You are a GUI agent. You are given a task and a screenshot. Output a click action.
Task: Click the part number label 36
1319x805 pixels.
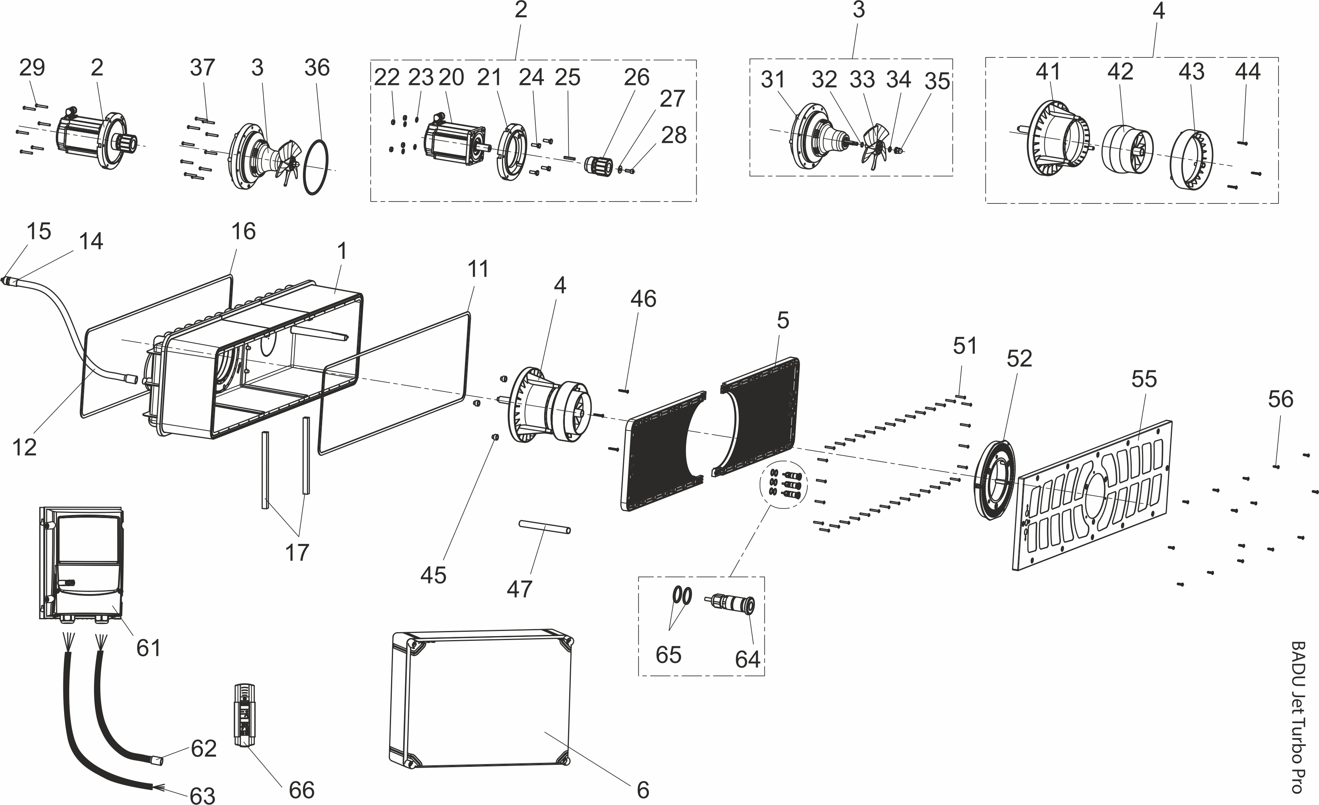click(x=317, y=68)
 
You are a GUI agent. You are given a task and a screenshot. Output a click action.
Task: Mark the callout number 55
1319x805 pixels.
click(x=1144, y=379)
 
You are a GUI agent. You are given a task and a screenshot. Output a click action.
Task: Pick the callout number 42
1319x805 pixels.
click(x=1120, y=72)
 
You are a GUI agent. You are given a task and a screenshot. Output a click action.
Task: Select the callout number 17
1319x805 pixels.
click(x=297, y=552)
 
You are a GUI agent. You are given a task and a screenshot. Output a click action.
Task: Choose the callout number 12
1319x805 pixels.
click(x=25, y=447)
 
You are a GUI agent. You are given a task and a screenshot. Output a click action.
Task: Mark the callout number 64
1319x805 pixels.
click(x=747, y=659)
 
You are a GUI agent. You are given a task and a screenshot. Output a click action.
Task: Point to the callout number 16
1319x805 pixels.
click(x=244, y=231)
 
